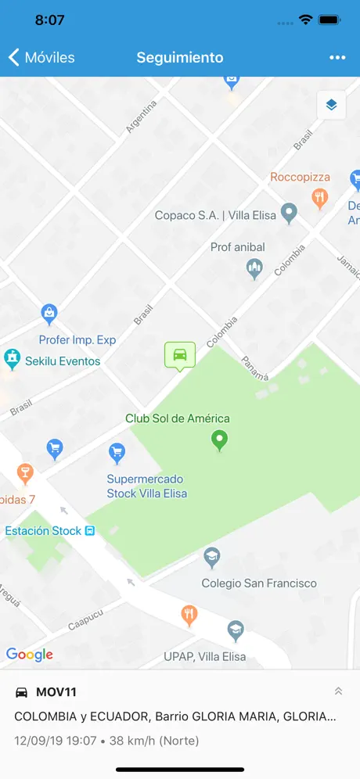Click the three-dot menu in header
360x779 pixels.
click(337, 57)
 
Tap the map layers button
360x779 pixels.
click(331, 105)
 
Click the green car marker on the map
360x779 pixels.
click(180, 354)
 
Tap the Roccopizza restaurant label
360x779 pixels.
click(301, 178)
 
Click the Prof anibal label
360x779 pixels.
click(238, 247)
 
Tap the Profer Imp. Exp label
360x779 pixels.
click(77, 340)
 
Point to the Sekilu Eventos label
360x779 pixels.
click(63, 361)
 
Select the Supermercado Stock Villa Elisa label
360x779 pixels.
click(147, 486)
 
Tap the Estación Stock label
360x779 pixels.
click(44, 531)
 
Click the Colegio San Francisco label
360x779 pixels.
click(259, 583)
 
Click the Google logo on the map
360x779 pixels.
click(30, 655)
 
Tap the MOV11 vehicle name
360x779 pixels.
click(56, 692)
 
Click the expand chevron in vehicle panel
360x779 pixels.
click(338, 691)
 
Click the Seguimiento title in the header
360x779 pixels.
click(180, 57)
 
